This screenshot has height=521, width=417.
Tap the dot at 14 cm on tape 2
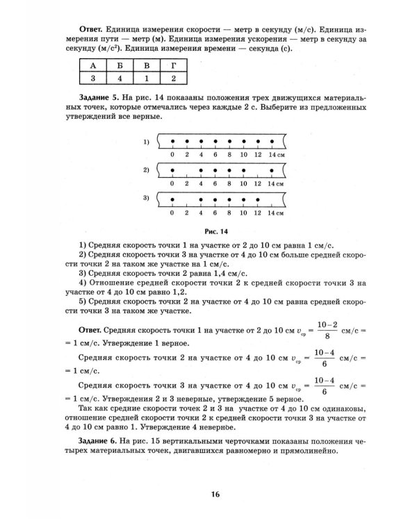tap(271, 170)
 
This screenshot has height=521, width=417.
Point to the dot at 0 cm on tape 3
tap(172, 199)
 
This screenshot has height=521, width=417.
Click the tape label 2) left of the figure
tap(147, 170)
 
